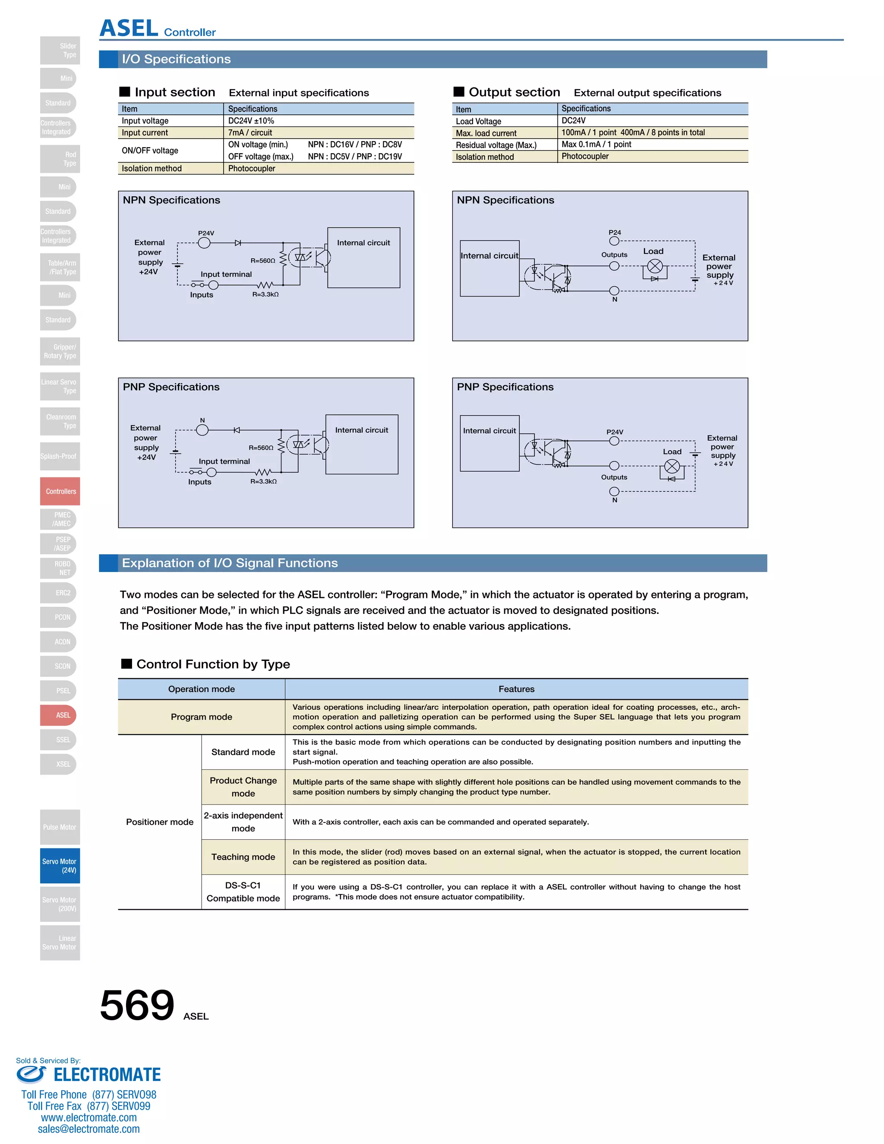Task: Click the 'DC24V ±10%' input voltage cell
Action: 251,120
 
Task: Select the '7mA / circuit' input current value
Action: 250,133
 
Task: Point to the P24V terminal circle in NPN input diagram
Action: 204,243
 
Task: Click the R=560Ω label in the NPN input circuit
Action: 262,260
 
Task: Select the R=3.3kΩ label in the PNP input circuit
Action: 263,481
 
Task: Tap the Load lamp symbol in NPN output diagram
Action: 655,266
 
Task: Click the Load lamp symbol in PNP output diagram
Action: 672,466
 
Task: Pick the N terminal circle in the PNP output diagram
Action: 614,491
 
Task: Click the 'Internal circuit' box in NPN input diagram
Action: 363,257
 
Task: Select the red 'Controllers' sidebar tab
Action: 60,491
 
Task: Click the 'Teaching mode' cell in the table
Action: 243,857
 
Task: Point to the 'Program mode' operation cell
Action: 201,717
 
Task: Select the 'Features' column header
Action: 516,689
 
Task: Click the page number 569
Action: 137,1005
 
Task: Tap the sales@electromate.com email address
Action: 88,1129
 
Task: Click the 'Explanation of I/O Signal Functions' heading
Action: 230,563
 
